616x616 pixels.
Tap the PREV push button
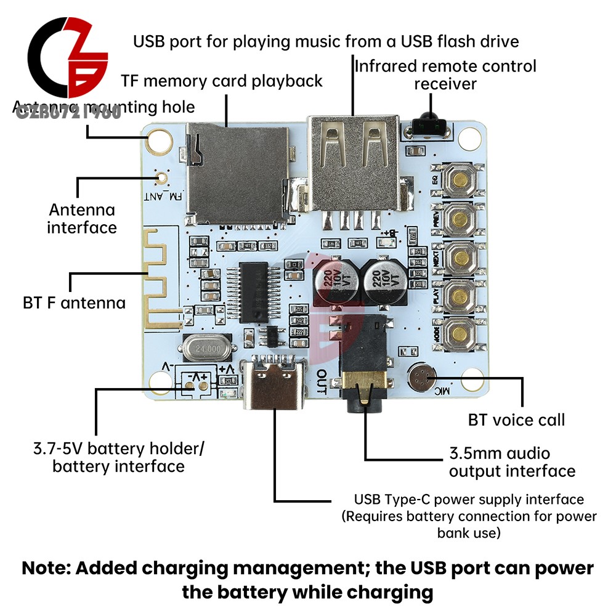point(460,217)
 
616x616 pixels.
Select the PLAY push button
point(460,295)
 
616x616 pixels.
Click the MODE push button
point(460,333)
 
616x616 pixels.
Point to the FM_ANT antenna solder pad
point(161,179)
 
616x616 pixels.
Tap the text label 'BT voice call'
point(516,421)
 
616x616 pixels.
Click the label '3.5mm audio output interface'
point(512,463)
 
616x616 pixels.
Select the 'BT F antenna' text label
point(74,303)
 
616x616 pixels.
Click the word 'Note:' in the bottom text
point(50,568)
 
